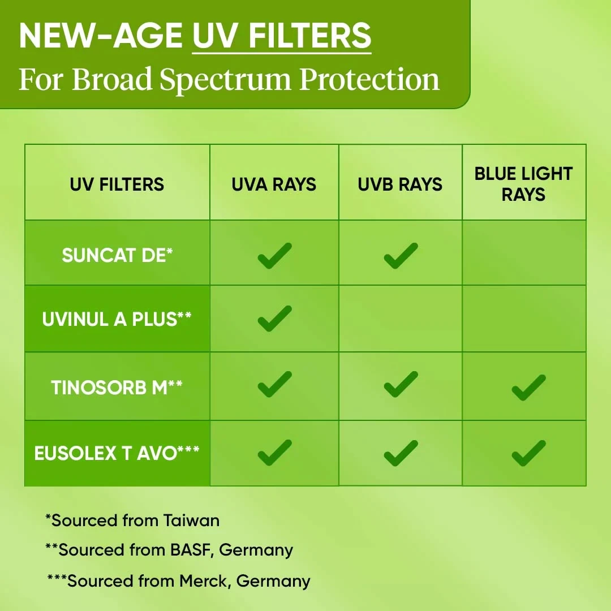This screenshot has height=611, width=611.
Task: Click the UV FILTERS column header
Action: pyautogui.click(x=117, y=184)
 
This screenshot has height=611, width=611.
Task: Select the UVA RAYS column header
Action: pyautogui.click(x=274, y=184)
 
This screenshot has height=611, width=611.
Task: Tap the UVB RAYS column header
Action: pyautogui.click(x=400, y=184)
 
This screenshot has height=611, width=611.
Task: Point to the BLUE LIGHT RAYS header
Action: pyautogui.click(x=523, y=184)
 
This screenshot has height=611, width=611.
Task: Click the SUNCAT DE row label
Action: pyautogui.click(x=117, y=255)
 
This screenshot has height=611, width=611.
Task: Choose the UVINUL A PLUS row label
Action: pyautogui.click(x=117, y=319)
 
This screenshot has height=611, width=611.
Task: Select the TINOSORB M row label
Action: pyautogui.click(x=117, y=388)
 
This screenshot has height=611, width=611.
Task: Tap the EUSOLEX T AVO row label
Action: pyautogui.click(x=117, y=453)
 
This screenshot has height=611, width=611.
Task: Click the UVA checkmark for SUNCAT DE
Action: pyautogui.click(x=275, y=256)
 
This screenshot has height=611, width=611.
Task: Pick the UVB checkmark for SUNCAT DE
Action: pyautogui.click(x=401, y=256)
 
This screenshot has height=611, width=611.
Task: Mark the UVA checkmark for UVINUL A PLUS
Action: pyautogui.click(x=275, y=319)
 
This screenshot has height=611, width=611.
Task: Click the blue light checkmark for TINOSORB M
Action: pyautogui.click(x=529, y=388)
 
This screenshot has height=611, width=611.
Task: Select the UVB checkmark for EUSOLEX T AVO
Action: pyautogui.click(x=401, y=453)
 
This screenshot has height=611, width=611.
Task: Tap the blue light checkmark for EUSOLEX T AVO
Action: pyautogui.click(x=529, y=453)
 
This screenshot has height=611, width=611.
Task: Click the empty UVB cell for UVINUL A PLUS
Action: pyautogui.click(x=401, y=319)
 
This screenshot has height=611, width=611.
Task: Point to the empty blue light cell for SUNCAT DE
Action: pyautogui.click(x=524, y=252)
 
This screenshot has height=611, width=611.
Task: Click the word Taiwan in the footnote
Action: pyautogui.click(x=191, y=520)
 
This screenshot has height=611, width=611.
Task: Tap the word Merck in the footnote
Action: pyautogui.click(x=205, y=581)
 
